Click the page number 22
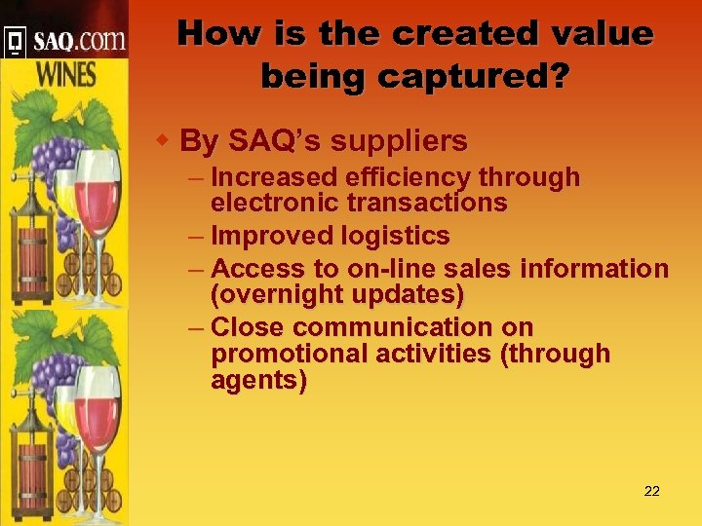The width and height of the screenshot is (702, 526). pyautogui.click(x=652, y=491)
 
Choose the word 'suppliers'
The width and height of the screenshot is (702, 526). pyautogui.click(x=403, y=142)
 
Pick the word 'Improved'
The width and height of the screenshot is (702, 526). pyautogui.click(x=272, y=237)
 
